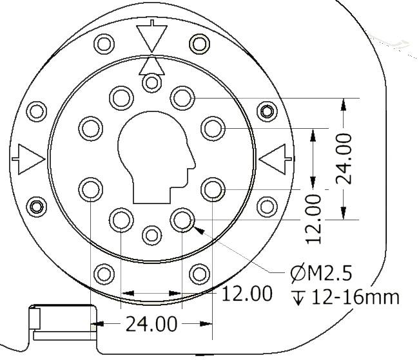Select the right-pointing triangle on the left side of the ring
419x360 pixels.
(x=29, y=160)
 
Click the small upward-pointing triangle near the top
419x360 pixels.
(x=151, y=66)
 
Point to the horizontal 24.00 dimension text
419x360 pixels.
(x=151, y=324)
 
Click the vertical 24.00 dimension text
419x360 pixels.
(x=344, y=159)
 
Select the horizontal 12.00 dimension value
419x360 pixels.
(x=247, y=294)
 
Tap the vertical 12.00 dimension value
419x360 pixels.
(x=313, y=219)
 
